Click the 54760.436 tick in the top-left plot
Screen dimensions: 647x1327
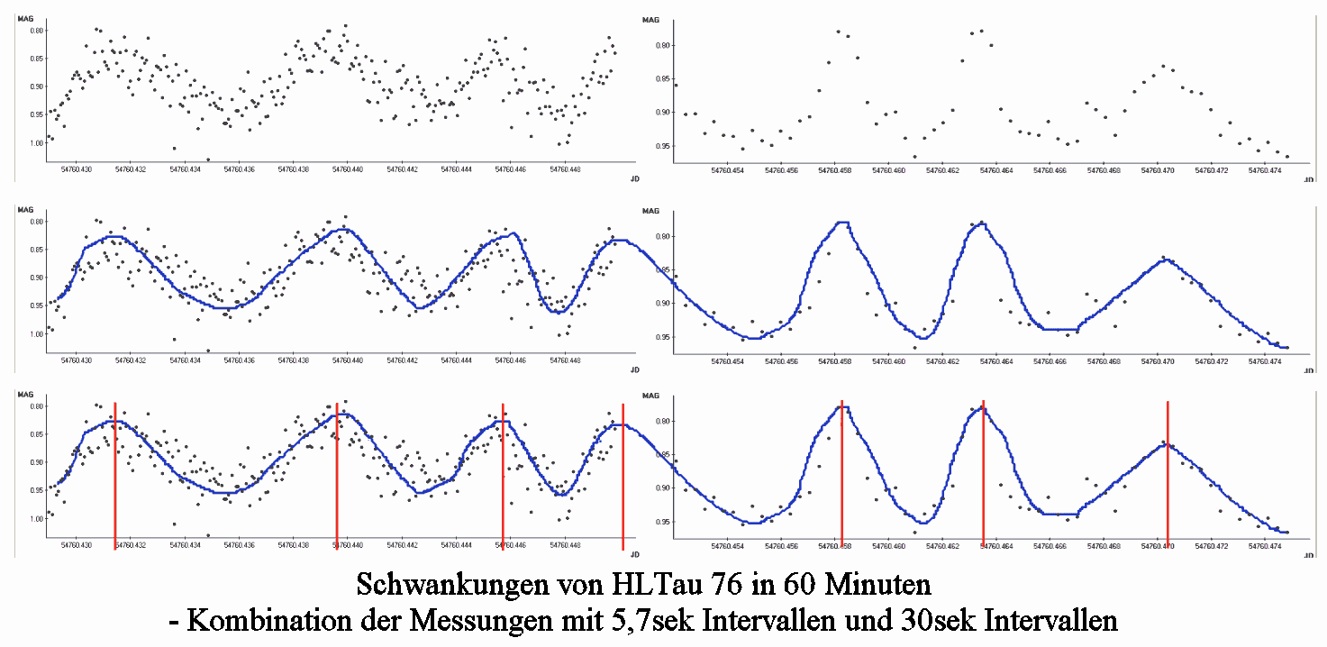click(x=239, y=169)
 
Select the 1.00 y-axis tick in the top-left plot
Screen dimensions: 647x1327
click(x=34, y=143)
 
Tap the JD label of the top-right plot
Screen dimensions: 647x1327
click(x=1308, y=180)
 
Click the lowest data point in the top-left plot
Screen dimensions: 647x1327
click(x=208, y=159)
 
